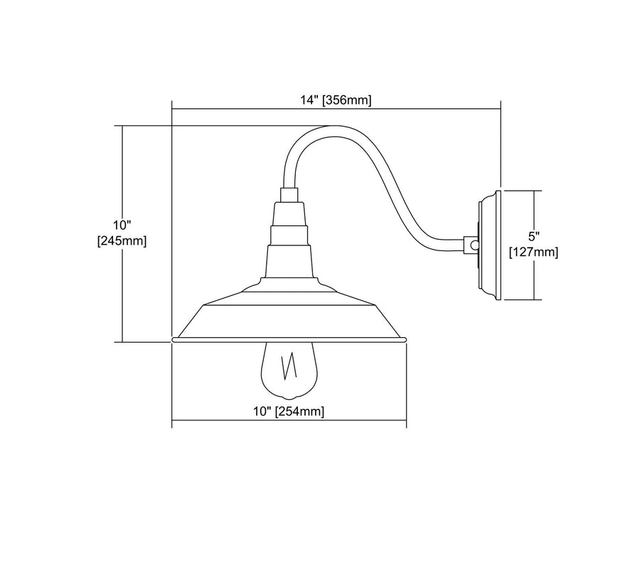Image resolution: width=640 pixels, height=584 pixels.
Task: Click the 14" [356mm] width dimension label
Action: click(336, 100)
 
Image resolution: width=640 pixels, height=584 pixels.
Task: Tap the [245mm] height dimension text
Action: click(122, 241)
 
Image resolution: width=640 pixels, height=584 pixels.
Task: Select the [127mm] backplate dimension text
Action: click(533, 251)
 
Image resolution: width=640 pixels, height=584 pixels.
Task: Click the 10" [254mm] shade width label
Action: click(289, 412)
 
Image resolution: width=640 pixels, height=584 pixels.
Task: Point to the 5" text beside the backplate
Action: click(534, 235)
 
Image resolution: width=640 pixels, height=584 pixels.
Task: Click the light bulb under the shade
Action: click(289, 370)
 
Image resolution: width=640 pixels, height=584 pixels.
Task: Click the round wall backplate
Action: click(489, 245)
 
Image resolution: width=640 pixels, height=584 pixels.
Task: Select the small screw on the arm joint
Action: click(474, 245)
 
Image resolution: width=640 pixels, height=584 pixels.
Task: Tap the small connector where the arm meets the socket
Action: click(289, 193)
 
